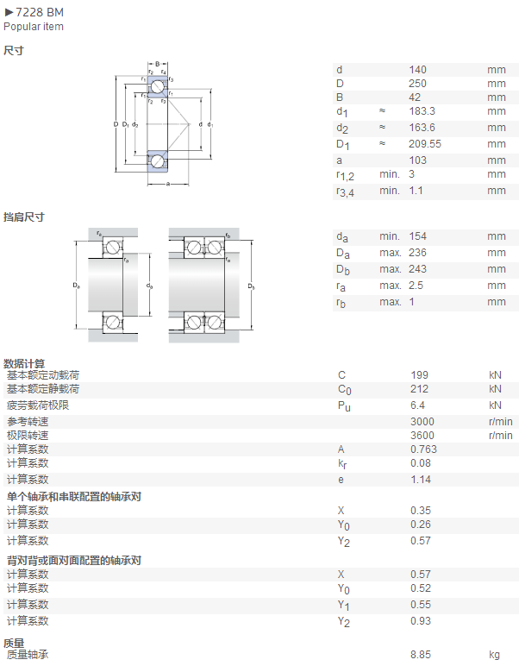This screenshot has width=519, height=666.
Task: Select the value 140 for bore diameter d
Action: [417, 70]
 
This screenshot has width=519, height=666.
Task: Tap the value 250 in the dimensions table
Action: [417, 84]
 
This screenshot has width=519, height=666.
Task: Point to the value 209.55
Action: [425, 144]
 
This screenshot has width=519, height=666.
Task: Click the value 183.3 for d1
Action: [422, 111]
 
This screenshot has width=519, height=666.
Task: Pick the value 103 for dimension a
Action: [417, 160]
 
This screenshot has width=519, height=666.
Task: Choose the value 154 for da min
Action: [417, 236]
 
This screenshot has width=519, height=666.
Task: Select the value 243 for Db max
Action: [417, 269]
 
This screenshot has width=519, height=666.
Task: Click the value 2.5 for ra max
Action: [416, 286]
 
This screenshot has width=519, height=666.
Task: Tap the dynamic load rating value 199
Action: [419, 375]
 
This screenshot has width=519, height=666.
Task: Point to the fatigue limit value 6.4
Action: [417, 405]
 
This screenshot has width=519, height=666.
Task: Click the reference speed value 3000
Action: [422, 422]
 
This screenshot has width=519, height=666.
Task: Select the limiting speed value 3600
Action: [422, 436]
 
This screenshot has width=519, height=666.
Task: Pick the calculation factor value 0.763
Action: [423, 449]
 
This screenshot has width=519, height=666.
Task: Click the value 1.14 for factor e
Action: [421, 480]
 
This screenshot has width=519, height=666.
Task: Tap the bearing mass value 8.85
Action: [421, 655]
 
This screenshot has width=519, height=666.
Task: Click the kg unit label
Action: [494, 655]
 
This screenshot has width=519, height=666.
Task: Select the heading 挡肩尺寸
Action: [24, 217]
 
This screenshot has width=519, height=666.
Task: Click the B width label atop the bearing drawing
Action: [158, 64]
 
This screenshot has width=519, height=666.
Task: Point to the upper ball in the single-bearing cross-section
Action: [158, 86]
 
